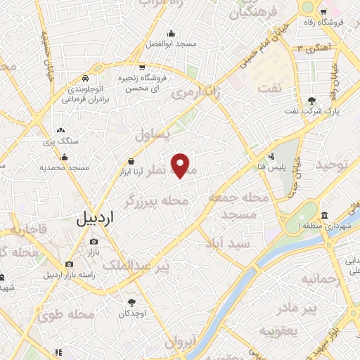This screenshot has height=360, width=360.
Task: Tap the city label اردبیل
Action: [x=95, y=218]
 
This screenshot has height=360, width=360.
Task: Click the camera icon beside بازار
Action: [x=93, y=242]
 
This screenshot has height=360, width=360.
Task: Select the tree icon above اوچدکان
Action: [x=131, y=302]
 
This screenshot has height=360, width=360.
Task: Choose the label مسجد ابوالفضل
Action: [x=170, y=44]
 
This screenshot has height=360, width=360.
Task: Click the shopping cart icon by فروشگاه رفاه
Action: [x=323, y=11]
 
